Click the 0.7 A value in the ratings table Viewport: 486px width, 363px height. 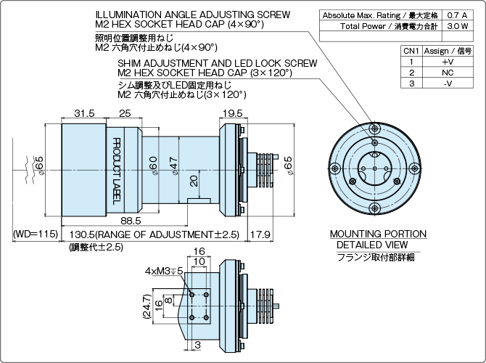click(457, 15)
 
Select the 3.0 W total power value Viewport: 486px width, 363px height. click(457, 26)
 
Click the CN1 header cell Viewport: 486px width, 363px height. click(411, 52)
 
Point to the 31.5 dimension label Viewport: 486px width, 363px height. click(84, 113)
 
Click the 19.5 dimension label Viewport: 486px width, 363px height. click(233, 113)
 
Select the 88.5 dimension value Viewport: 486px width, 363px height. click(132, 220)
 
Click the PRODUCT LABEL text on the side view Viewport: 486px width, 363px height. click(115, 168)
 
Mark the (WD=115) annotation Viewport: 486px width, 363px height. click(35, 234)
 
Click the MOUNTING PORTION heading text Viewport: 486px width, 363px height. click(378, 234)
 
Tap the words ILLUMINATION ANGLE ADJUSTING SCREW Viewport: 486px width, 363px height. click(192, 15)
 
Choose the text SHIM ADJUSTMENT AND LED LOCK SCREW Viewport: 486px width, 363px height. click(218, 63)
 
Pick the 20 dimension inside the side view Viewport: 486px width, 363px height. click(193, 179)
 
